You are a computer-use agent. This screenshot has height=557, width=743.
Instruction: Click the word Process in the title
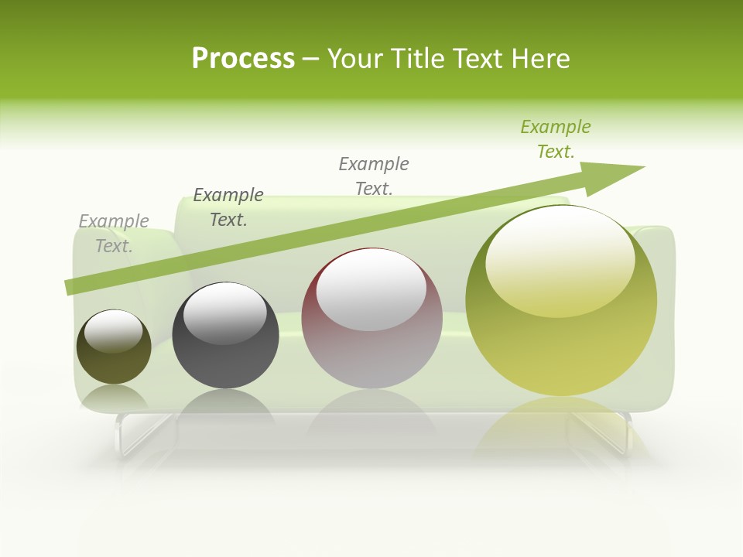[243, 59]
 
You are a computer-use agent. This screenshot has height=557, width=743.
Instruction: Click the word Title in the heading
[419, 59]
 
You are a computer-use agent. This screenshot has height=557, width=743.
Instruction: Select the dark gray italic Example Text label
[228, 207]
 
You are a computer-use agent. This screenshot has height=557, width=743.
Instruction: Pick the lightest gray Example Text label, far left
[114, 234]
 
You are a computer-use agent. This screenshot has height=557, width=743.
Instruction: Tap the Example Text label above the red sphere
[374, 176]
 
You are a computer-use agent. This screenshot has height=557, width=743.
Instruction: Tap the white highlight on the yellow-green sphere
[560, 259]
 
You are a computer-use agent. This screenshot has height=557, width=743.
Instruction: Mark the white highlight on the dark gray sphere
[224, 312]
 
